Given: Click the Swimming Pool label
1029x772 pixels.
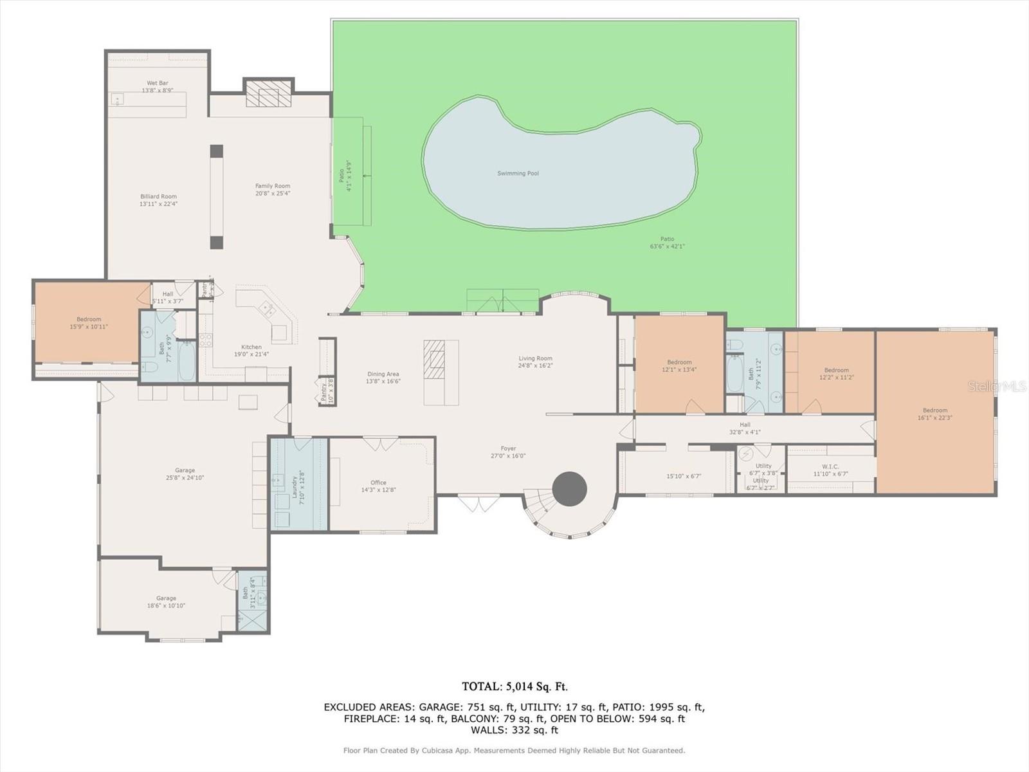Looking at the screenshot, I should pyautogui.click(x=518, y=174).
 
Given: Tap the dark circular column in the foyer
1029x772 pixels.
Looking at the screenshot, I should pyautogui.click(x=569, y=489).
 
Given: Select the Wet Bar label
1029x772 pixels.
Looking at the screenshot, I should pyautogui.click(x=158, y=83).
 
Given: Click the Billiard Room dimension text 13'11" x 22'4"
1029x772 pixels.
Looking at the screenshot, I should pyautogui.click(x=158, y=204).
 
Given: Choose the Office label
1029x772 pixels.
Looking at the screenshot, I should pyautogui.click(x=378, y=482).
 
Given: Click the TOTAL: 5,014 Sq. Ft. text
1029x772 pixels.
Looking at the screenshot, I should pyautogui.click(x=514, y=686).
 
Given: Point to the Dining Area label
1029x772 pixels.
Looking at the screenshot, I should pyautogui.click(x=383, y=374).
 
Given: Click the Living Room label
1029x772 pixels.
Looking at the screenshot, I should pyautogui.click(x=536, y=358).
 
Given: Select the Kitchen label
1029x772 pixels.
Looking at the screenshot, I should pyautogui.click(x=251, y=347).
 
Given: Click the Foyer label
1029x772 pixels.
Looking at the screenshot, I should pyautogui.click(x=508, y=448).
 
